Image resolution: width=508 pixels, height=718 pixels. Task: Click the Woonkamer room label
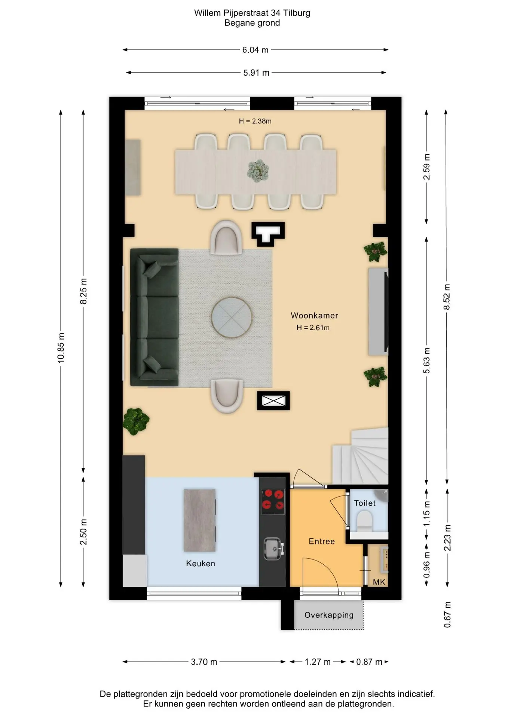coord(314,315)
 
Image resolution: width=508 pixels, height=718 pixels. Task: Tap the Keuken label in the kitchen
coord(201,563)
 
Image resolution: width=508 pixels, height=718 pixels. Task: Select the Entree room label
coord(322,541)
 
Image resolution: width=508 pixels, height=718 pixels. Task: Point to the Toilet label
coord(365,503)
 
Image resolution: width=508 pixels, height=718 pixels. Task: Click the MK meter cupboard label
coord(379,582)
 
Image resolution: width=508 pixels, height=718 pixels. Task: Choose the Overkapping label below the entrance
coord(329,615)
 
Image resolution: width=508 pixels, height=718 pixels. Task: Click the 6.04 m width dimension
coord(255,50)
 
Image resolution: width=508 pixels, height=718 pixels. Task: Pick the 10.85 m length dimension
coord(61,347)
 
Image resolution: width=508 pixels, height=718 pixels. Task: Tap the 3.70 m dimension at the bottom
coord(204,662)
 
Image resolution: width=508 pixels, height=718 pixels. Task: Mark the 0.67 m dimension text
coord(447,615)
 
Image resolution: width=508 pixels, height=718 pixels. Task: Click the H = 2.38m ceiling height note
coord(255,121)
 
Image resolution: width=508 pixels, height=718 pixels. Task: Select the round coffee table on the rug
coord(232,317)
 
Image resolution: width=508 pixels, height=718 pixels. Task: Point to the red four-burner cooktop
coord(273,501)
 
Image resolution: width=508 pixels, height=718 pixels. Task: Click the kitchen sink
coord(273,549)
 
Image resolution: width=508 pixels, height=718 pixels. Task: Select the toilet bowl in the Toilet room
coord(364,521)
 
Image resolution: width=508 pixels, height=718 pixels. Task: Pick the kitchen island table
coord(200,521)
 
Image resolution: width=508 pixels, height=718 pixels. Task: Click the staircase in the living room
coord(361,457)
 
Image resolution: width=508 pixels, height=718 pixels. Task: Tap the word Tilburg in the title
coord(297,13)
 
